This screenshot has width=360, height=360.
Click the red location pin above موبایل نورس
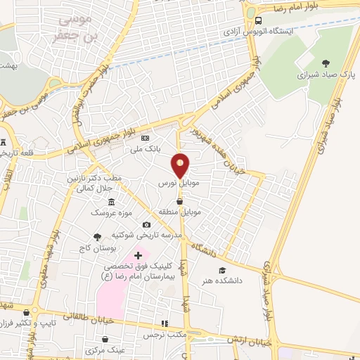pos(181,165)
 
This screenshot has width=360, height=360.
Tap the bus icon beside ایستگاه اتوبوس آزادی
pos(259,20)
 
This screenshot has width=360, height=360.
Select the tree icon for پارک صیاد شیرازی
pos(325,63)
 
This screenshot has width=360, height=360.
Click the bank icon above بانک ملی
pos(146,138)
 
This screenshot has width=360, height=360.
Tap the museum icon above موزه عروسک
pos(112,202)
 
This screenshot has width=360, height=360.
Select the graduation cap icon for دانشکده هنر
pos(222,271)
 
